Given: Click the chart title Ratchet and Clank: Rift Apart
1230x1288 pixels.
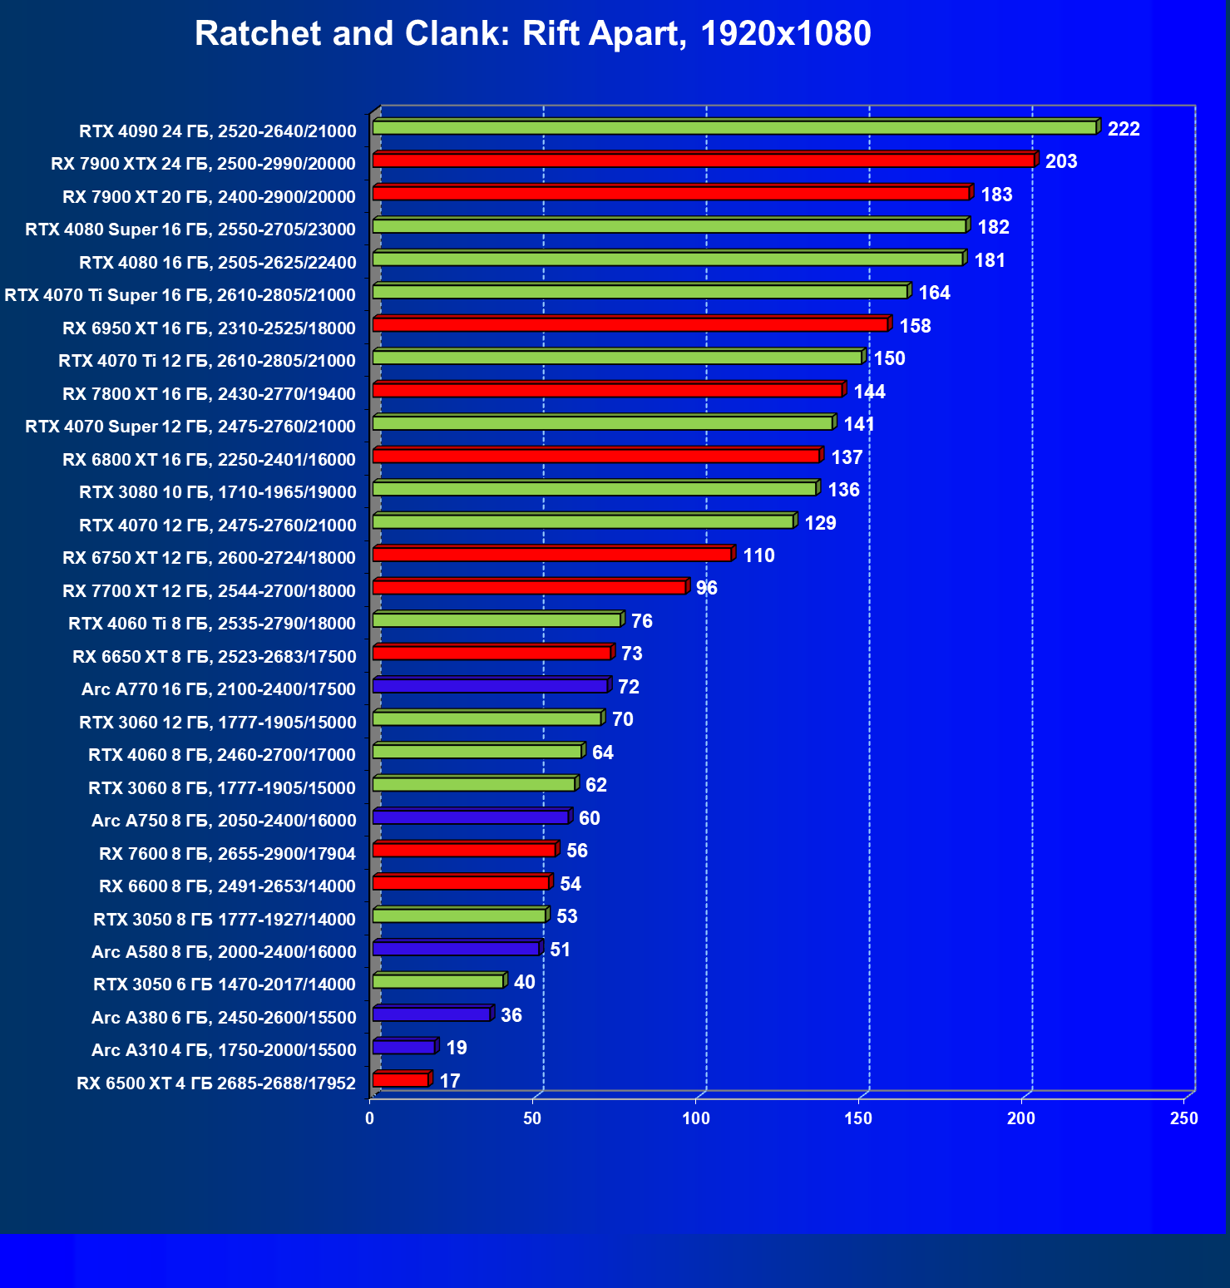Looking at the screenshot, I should coord(532,34).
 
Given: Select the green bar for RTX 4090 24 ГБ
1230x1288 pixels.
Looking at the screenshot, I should coord(734,127).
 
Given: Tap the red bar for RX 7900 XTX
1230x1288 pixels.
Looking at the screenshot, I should coord(704,160).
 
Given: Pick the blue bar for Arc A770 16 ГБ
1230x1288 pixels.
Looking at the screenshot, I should coord(491,686).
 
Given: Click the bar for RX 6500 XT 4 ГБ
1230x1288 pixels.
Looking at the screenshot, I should coord(401,1080).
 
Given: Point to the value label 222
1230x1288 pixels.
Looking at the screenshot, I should coord(1124,129).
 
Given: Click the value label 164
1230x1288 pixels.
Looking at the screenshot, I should coord(934,293).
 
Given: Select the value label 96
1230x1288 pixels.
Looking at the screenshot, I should coord(706,589).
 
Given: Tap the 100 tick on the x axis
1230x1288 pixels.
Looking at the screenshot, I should coord(696,1118).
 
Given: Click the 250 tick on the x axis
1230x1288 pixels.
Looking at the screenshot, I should coord(1183,1118).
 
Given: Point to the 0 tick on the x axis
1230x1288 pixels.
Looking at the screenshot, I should coord(370,1118).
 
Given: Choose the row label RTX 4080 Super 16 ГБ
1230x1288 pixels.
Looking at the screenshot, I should coord(190,229).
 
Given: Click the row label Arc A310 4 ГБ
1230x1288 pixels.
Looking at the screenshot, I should coord(224,1050).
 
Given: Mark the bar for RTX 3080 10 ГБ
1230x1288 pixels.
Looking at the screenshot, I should coord(595,489).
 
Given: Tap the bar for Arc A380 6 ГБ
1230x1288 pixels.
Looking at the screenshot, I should coord(432,1014).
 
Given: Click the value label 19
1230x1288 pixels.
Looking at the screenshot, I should coord(457,1048).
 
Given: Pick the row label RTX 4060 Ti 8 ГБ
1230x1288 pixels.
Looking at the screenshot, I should coord(212,624).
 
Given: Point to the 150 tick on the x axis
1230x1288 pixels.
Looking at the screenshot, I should coord(858,1118).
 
